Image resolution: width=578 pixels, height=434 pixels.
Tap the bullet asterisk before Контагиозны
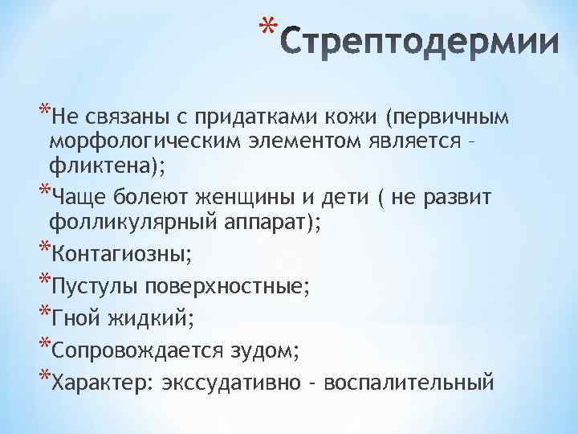43,252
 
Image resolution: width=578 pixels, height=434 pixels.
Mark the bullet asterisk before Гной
43,315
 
